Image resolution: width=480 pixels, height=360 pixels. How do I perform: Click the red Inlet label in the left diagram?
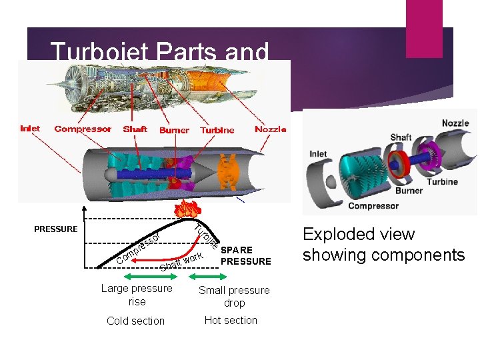click(30, 129)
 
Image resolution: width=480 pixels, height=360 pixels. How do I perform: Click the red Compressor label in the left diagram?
click(83, 129)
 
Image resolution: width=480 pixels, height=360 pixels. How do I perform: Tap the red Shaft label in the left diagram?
click(135, 129)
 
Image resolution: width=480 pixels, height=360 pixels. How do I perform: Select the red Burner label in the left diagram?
click(174, 130)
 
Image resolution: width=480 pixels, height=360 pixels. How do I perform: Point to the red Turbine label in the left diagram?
click(217, 130)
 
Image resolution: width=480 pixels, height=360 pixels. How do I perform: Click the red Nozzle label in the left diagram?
click(271, 129)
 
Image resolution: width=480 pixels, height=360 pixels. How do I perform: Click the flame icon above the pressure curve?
click(185, 209)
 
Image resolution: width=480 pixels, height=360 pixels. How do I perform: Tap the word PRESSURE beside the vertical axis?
click(55, 229)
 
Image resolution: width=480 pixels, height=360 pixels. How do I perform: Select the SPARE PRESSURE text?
click(245, 256)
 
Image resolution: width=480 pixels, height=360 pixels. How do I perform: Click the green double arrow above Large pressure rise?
click(136, 277)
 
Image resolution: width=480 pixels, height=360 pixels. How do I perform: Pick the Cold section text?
click(135, 321)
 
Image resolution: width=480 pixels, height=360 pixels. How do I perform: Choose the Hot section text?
click(231, 320)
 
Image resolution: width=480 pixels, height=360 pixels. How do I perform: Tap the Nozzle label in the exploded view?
click(455, 123)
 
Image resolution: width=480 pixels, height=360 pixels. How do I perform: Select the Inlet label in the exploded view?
click(318, 154)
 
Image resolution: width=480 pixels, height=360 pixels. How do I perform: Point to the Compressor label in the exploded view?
click(373, 205)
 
